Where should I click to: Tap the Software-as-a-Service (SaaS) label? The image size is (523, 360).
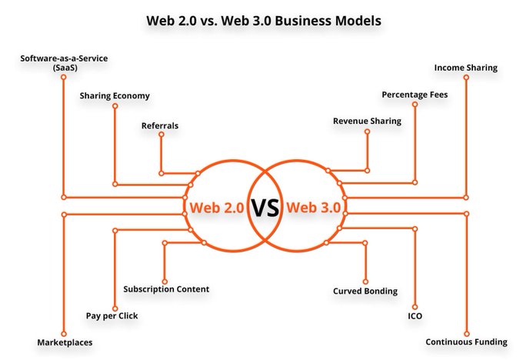click(x=64, y=62)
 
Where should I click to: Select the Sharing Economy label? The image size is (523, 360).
click(x=115, y=96)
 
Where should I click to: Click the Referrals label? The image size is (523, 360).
click(x=160, y=125)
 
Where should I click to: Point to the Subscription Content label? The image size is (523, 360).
click(x=166, y=289)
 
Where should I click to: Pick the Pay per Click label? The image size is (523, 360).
click(x=112, y=315)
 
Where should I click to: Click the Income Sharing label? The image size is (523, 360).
click(x=465, y=68)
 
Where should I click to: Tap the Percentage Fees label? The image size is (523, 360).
click(x=415, y=95)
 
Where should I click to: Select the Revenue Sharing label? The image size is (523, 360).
click(x=366, y=121)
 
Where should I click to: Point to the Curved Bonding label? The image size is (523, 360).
click(x=365, y=291)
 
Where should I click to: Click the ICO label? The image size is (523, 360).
click(x=415, y=315)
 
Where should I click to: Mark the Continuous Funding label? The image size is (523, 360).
click(x=467, y=342)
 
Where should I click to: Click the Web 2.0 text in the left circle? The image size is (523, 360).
click(x=216, y=208)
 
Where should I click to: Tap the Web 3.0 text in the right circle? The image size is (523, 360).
click(x=313, y=208)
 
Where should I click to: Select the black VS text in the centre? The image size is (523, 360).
click(x=265, y=208)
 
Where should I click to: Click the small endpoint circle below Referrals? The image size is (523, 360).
click(x=161, y=135)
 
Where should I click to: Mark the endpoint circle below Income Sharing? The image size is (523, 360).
click(x=465, y=78)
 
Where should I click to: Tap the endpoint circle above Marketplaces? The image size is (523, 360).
click(x=63, y=330)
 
